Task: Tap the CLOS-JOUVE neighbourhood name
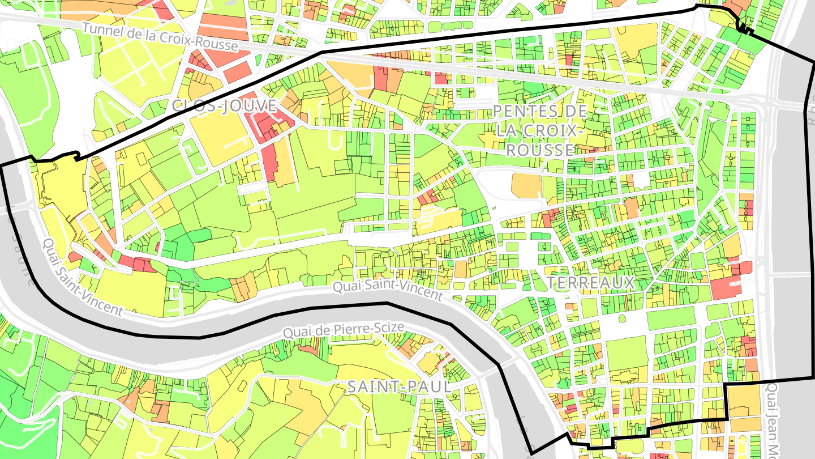225,106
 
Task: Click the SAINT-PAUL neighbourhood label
399,387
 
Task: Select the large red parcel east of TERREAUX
726,288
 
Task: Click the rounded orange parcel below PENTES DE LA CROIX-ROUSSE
526,185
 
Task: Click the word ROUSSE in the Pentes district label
540,150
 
